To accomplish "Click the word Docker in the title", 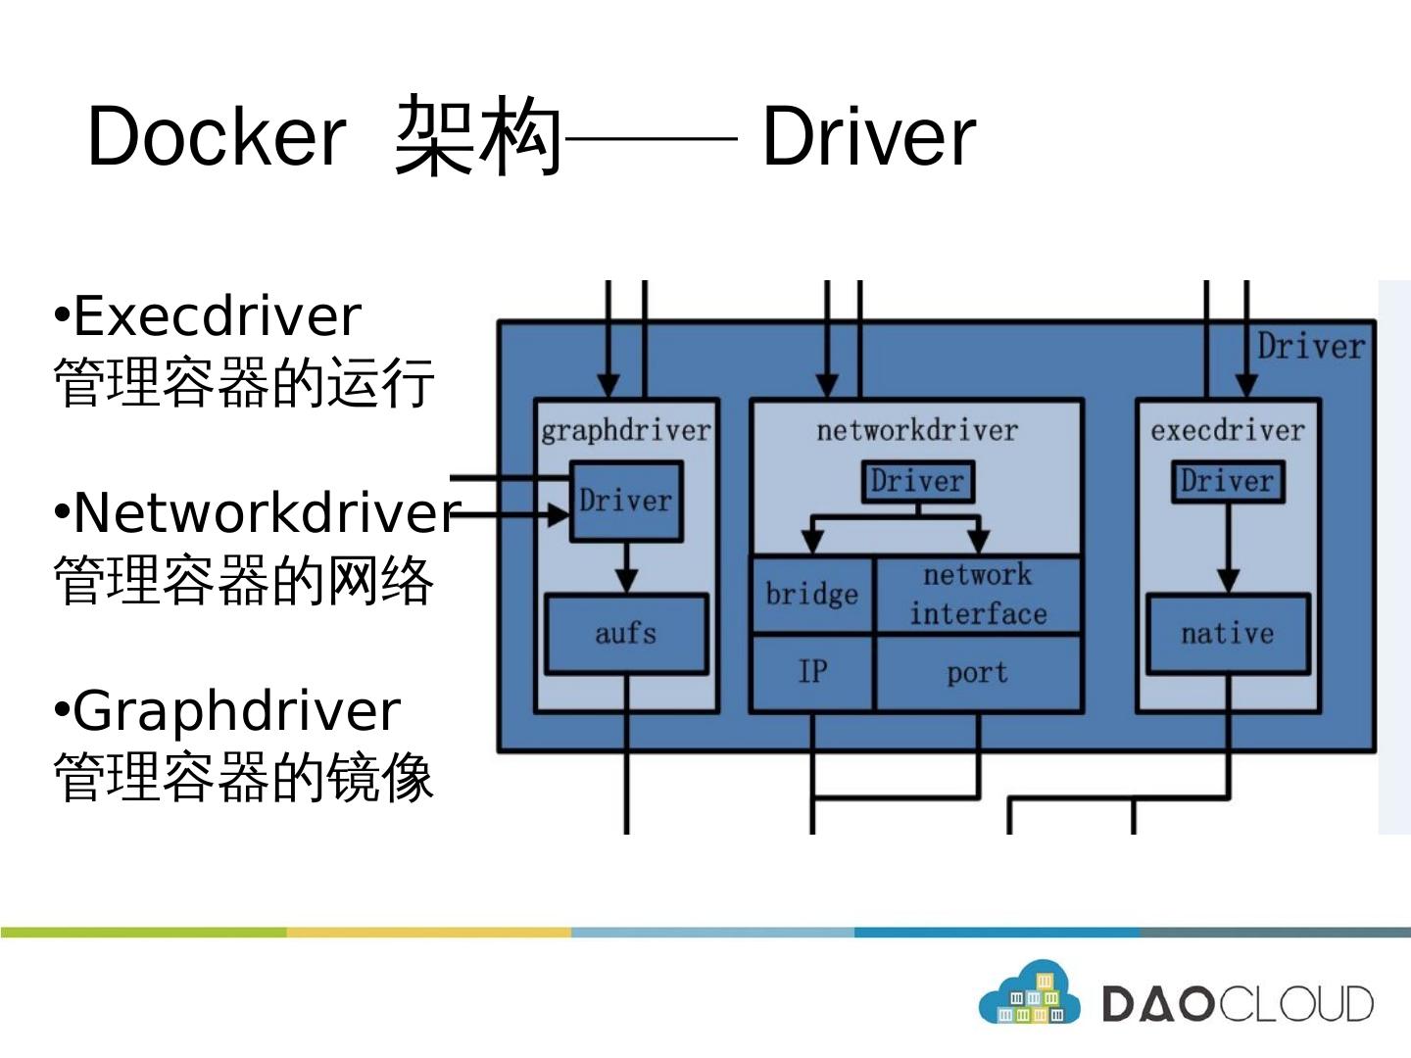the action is point(217,136).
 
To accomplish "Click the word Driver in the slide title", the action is point(869,136).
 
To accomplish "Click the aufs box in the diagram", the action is point(626,634).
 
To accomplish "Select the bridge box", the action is point(812,595).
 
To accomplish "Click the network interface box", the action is point(978,595).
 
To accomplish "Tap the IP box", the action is point(812,673).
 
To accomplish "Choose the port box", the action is point(978,673).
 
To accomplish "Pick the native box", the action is point(1228,634).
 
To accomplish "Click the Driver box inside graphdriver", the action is point(626,501).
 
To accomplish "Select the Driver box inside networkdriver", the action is point(918,481).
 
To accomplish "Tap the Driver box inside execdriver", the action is point(1228,481).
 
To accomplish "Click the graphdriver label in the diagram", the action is point(626,430).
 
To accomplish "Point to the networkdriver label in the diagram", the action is point(917,430).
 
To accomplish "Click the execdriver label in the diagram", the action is point(1228,430).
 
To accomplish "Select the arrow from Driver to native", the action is point(1228,548).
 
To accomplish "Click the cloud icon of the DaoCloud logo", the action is point(1030,991).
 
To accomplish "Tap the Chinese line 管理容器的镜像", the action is point(244,778).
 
